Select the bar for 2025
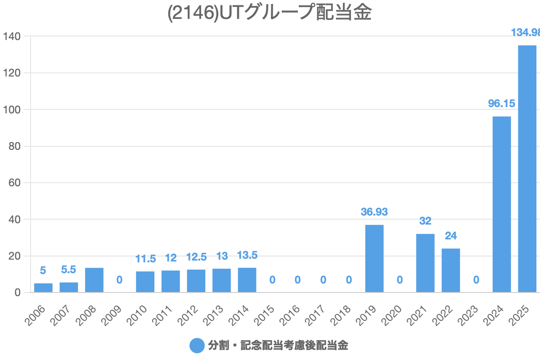[x=527, y=169]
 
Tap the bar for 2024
[x=502, y=204]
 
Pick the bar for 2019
[x=374, y=258]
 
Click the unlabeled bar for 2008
[x=94, y=280]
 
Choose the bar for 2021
[x=425, y=263]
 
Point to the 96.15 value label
[x=502, y=103]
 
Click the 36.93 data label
[x=374, y=211]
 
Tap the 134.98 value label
[x=526, y=32]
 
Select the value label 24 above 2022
[x=451, y=236]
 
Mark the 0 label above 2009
[x=119, y=280]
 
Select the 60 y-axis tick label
[x=15, y=183]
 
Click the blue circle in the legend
[x=197, y=346]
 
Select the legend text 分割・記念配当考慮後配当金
[x=278, y=346]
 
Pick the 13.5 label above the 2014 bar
[x=247, y=256]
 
